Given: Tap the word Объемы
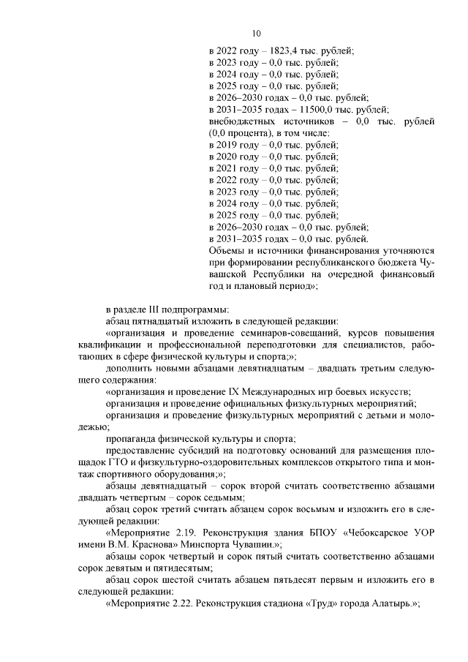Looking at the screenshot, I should click(227, 250).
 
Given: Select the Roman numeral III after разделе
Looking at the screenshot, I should click(150, 308).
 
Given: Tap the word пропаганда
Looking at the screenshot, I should click(133, 439).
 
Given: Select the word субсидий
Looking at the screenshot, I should click(196, 451).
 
